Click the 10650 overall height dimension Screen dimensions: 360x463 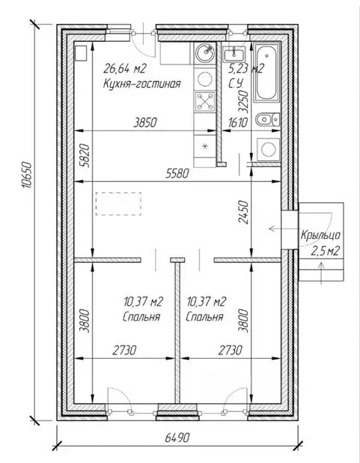coord(26,175)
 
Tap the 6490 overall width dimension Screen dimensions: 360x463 coord(177,438)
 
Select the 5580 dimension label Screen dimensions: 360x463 coord(177,174)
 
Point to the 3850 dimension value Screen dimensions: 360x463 coord(145,122)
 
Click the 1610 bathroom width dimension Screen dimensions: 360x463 coord(237,122)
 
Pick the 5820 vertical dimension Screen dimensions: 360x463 coord(84,155)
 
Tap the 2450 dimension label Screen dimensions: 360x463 coord(244,212)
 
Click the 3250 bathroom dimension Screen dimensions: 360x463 coord(244,101)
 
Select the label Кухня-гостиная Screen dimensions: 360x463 coord(141,84)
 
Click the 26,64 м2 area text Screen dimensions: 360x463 coord(124,69)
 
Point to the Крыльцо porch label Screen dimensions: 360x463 coord(321,235)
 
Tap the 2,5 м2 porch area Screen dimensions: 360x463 coord(325,251)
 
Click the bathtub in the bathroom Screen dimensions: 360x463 coord(266,73)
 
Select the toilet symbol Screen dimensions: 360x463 coord(268,120)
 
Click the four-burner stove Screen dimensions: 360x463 coord(205,101)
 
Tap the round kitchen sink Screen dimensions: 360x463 coord(205,52)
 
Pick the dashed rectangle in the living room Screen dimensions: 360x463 coord(118,204)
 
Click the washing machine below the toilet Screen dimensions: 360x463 coord(268,149)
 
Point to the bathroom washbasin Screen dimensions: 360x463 coord(234,55)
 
